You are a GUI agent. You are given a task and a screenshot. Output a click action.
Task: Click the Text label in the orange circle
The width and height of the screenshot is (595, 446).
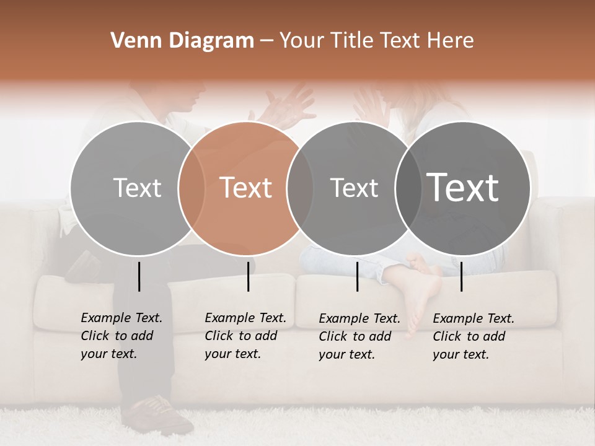coord(246,188)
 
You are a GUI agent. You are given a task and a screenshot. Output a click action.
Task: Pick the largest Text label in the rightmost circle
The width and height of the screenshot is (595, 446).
coord(463,187)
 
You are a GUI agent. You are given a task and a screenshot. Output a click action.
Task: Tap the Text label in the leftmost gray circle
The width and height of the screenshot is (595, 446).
coord(138,188)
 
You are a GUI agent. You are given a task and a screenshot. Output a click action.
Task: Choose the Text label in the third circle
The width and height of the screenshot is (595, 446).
coord(354,188)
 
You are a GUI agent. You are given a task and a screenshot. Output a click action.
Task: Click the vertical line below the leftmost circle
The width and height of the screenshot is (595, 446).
coord(139,276)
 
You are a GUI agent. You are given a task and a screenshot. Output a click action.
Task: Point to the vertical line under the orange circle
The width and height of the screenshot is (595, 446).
coord(248,276)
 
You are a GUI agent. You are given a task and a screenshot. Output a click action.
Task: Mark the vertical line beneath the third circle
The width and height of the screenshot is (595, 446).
coord(357,276)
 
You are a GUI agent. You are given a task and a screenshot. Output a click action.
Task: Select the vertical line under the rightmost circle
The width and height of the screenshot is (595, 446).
coord(461,276)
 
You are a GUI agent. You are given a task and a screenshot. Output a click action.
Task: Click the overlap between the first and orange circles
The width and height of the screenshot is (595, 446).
coord(192,188)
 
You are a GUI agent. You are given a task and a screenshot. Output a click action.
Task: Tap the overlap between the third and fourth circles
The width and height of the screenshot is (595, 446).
coord(407,188)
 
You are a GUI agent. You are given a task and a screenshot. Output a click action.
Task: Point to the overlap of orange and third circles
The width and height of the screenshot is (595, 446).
coord(300,188)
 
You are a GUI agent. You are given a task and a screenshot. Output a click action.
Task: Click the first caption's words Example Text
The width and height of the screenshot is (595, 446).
coord(121,318)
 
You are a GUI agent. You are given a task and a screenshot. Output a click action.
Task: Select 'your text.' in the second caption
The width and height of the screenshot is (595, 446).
coord(232,354)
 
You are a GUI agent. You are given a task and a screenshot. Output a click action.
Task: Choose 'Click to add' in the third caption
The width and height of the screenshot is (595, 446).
coord(355,336)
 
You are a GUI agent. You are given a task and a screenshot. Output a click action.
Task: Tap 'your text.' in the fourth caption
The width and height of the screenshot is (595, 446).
coord(461,354)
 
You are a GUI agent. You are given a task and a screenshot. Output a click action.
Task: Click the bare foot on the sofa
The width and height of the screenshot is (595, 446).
coord(425,285)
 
